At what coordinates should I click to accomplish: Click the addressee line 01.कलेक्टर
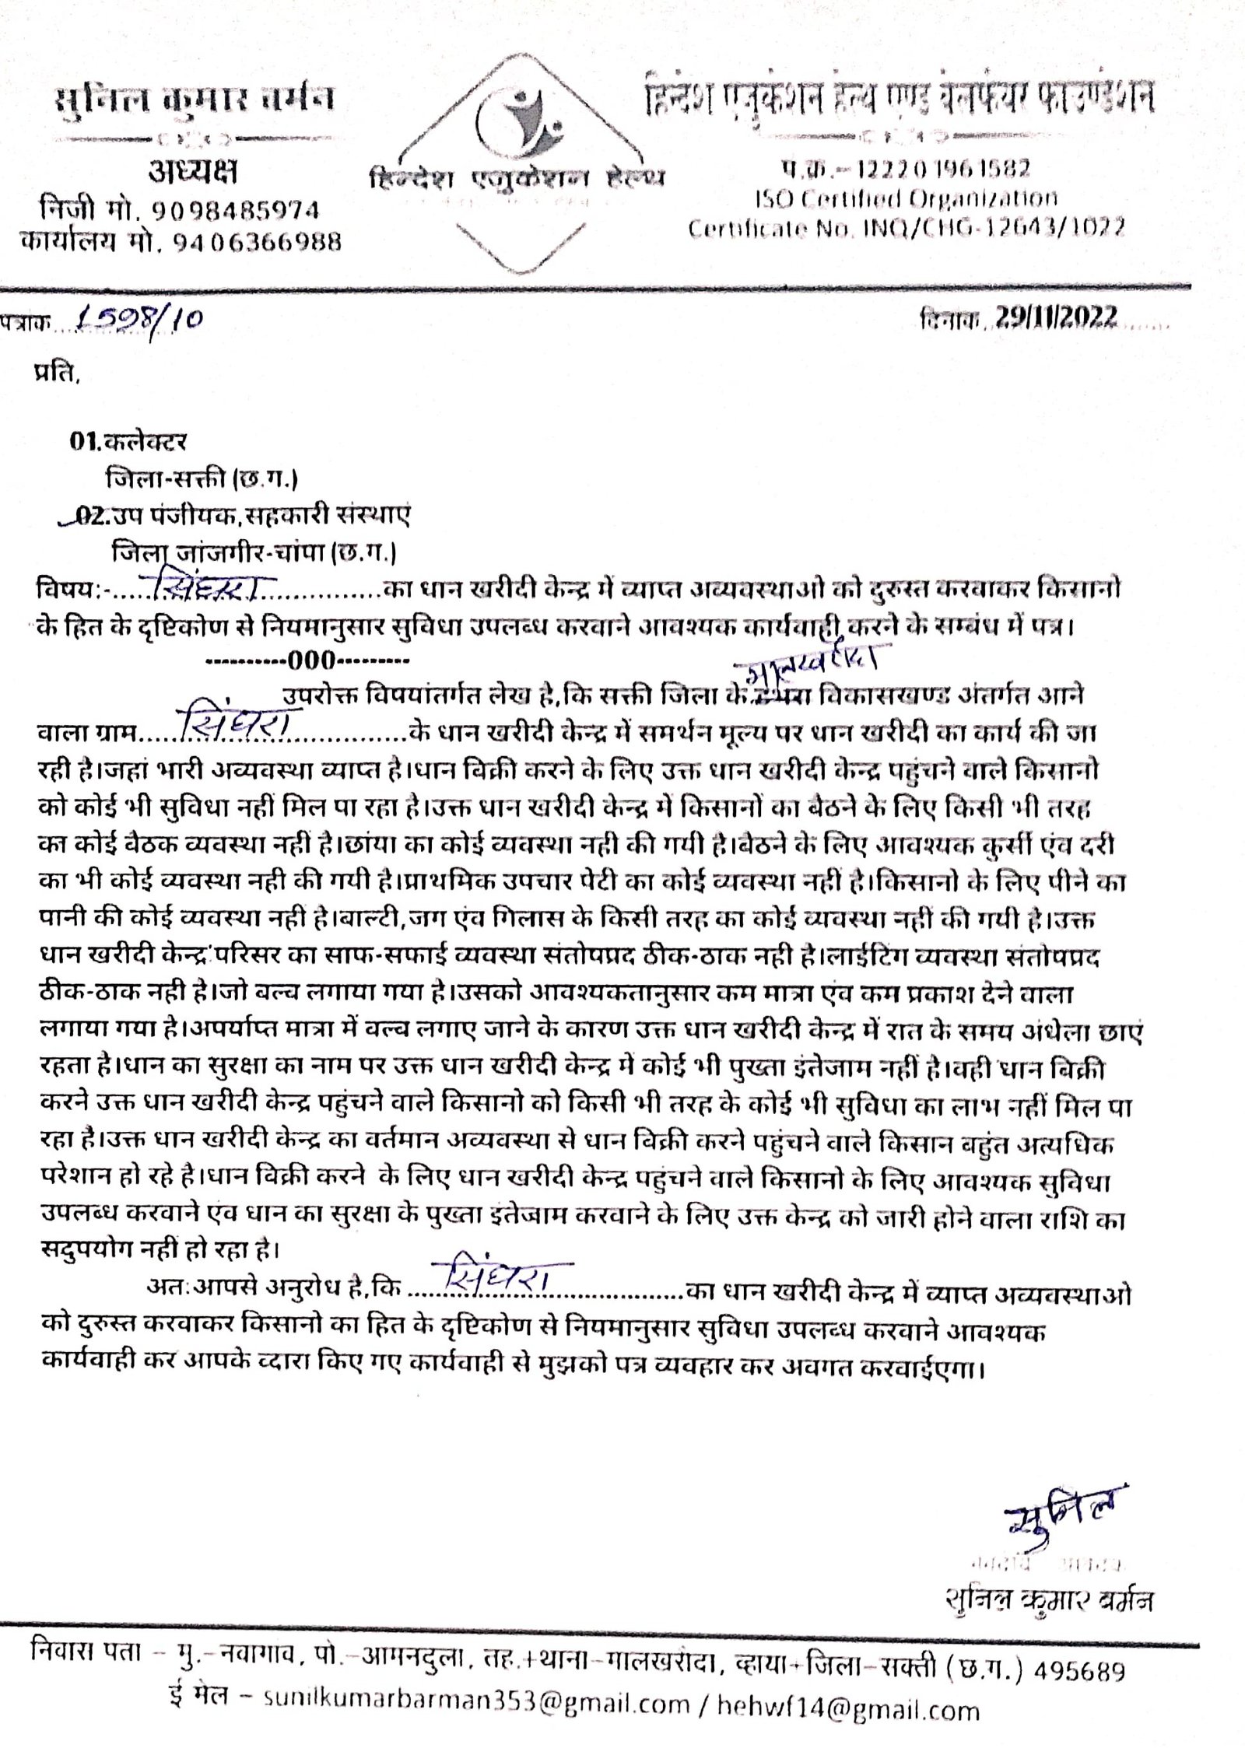[x=129, y=442]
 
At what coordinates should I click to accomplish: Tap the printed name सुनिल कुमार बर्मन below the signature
[x=1047, y=1579]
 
